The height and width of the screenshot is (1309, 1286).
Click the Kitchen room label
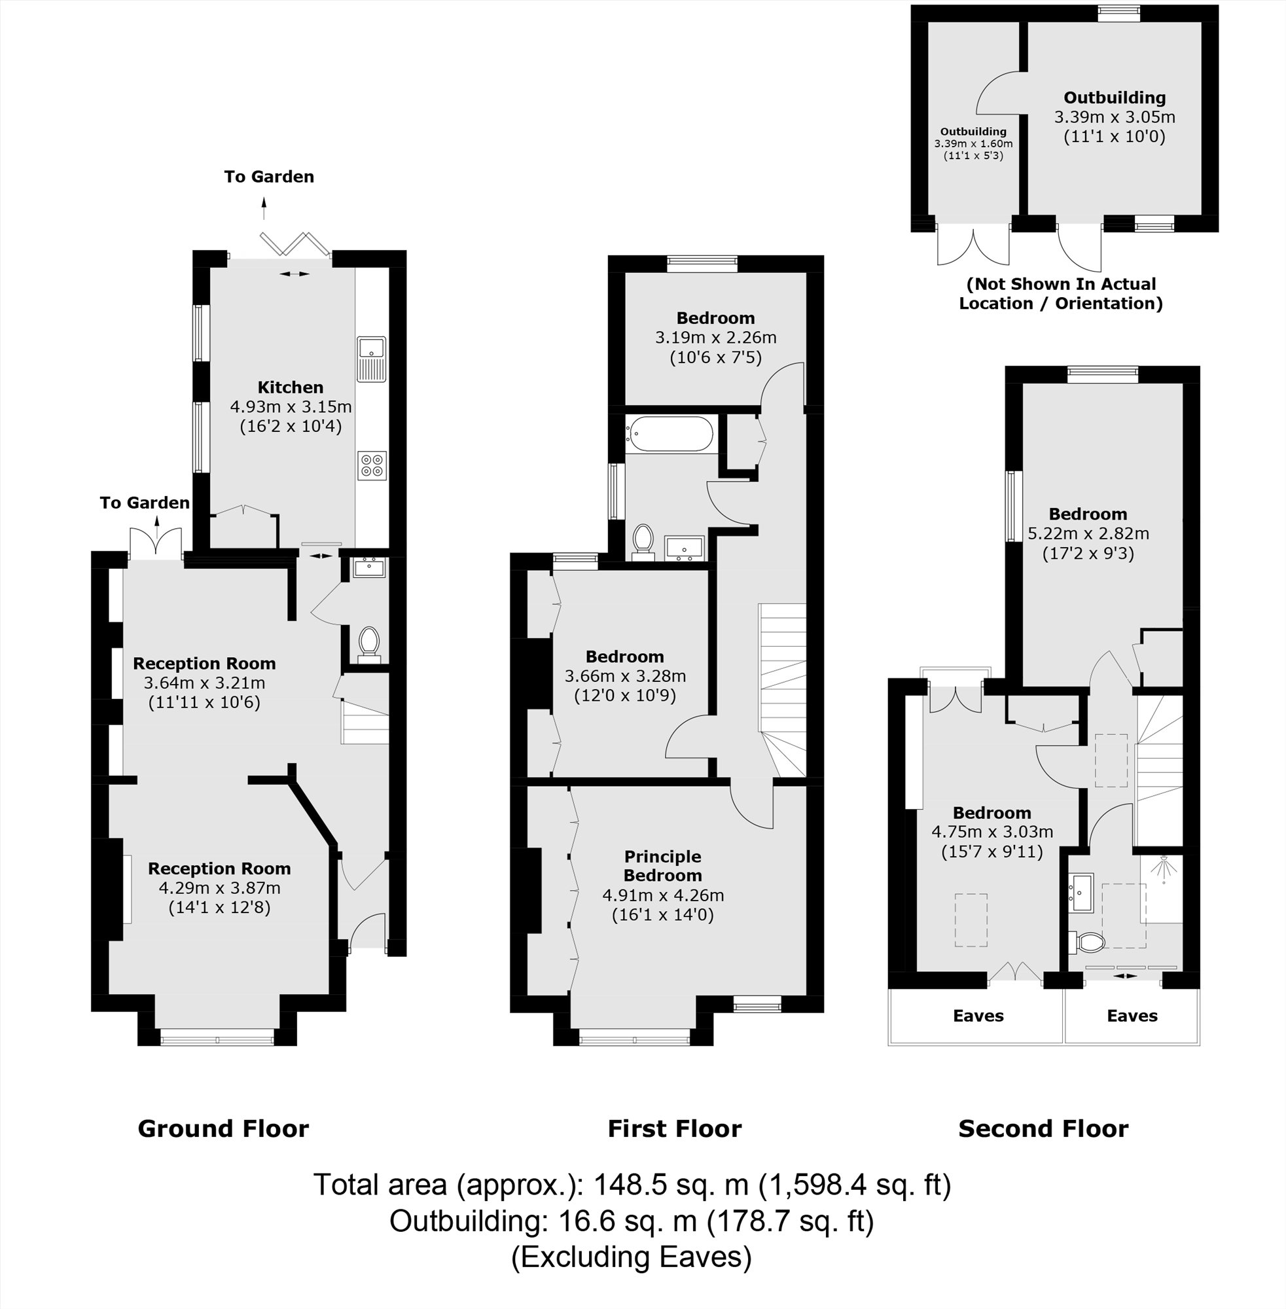291,387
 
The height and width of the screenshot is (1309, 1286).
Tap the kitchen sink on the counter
371,357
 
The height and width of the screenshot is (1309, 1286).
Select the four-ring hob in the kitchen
372,465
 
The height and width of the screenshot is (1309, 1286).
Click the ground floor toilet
368,643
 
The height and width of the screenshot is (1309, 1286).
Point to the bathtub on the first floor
669,434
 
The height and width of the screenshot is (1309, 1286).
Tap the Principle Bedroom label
662,866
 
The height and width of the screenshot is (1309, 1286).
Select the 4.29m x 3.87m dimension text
219,888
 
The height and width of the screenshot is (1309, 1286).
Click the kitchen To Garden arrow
264,208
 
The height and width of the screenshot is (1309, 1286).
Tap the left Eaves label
977,1016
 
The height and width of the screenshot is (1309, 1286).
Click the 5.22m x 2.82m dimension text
1088,533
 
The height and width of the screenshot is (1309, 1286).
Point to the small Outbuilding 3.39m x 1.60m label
973,143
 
